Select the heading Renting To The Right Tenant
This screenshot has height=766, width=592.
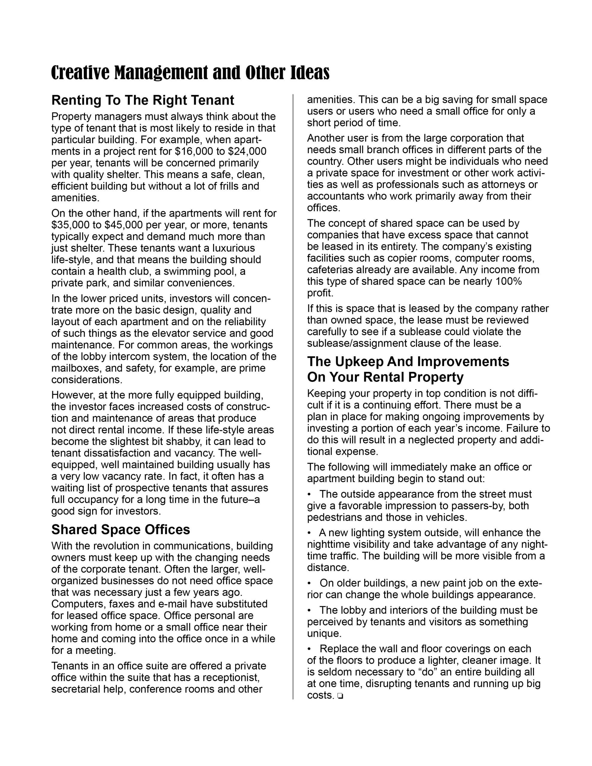142,100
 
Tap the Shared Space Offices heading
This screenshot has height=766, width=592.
120,530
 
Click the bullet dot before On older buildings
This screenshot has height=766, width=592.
309,583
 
